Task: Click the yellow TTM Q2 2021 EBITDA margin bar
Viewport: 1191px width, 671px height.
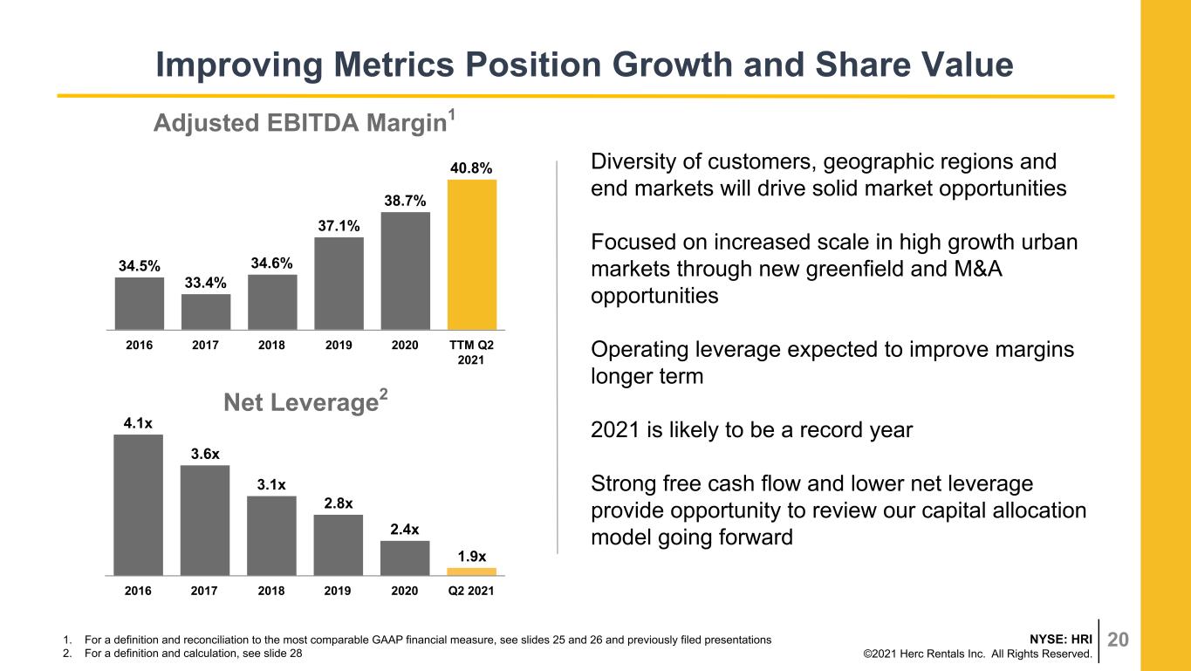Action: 472,255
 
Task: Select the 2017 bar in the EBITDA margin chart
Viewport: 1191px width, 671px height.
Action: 206,312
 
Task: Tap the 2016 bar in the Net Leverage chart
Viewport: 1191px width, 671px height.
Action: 138,505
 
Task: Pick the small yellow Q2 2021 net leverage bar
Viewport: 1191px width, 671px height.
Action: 472,572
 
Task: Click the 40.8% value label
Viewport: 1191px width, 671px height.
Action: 471,168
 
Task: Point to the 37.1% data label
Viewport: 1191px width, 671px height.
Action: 339,226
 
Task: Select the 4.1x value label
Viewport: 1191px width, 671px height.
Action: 138,423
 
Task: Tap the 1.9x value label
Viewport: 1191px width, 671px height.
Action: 472,557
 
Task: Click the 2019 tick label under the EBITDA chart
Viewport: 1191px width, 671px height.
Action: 339,345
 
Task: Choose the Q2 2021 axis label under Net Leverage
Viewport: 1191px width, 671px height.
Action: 471,591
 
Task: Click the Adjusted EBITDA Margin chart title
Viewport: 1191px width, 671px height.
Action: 304,122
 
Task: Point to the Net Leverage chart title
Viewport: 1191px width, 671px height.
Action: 305,401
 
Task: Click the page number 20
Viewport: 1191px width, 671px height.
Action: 1118,639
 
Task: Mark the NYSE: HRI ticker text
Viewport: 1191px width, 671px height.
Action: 1061,639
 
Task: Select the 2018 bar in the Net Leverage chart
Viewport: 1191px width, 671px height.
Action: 271,536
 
